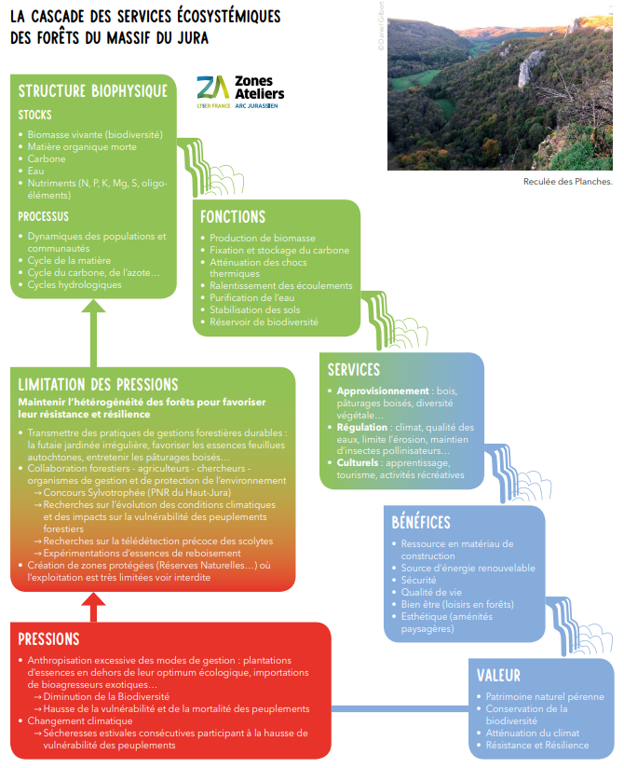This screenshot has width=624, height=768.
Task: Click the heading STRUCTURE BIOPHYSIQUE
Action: [x=93, y=90]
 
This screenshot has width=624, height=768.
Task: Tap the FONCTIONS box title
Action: [x=233, y=216]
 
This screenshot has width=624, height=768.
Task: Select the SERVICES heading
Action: [x=354, y=369]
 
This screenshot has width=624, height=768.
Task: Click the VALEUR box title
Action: [x=498, y=675]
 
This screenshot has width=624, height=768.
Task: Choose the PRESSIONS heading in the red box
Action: [x=48, y=638]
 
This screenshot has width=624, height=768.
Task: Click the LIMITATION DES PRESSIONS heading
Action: [x=98, y=384]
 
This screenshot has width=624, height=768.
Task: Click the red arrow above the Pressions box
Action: [x=90, y=607]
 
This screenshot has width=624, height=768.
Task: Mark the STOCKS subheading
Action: [x=35, y=115]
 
